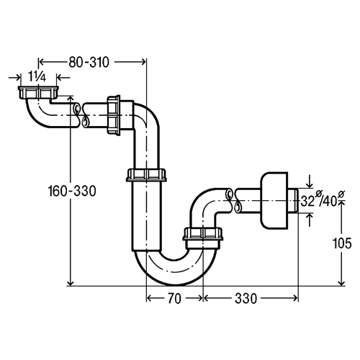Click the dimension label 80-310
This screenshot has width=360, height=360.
(x=89, y=62)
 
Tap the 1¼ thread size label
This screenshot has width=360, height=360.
(x=37, y=77)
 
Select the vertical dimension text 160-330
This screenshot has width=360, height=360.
(x=72, y=191)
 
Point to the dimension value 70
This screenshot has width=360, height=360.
(x=174, y=299)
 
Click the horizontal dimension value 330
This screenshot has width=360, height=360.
(x=246, y=299)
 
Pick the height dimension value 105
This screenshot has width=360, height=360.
(x=342, y=243)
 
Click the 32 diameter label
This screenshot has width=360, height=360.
(x=307, y=201)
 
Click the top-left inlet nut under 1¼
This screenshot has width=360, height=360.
(x=38, y=93)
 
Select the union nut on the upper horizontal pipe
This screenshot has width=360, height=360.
(x=114, y=115)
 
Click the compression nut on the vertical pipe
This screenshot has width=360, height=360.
(x=146, y=175)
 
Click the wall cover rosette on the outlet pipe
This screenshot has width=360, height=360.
(x=274, y=200)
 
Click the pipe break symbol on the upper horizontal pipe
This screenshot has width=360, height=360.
(x=81, y=115)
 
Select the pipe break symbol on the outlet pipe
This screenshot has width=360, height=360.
(x=233, y=200)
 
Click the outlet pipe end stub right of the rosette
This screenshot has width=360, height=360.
(x=293, y=200)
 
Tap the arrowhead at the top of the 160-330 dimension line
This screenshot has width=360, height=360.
(x=70, y=99)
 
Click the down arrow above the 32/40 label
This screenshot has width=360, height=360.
(x=310, y=181)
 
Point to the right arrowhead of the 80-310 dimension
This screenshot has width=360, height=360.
(x=143, y=62)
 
